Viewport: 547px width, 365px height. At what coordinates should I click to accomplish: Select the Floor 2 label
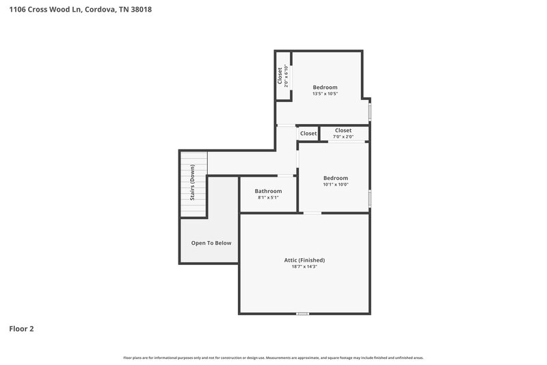[x=21, y=329]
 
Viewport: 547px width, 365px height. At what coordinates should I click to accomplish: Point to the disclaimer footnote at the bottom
[x=273, y=357]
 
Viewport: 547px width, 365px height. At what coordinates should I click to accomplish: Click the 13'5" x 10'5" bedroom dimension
[x=325, y=94]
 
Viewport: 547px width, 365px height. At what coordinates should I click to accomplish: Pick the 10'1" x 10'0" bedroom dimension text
[x=336, y=184]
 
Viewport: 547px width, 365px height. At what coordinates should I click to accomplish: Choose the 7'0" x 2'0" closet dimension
[x=343, y=136]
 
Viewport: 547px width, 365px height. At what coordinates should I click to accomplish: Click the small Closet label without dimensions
[x=308, y=134]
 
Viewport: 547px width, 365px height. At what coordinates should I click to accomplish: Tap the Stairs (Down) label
[x=193, y=183]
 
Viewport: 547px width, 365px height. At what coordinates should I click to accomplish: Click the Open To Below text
[x=211, y=242]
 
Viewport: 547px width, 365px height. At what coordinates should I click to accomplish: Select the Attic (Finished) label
[x=304, y=260]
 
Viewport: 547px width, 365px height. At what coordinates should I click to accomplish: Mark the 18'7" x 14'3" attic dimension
[x=304, y=266]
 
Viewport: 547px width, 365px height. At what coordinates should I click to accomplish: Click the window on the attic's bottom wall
[x=302, y=314]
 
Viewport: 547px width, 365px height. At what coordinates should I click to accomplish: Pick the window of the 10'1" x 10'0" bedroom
[x=370, y=199]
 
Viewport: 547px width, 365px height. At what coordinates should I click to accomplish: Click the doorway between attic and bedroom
[x=312, y=214]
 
